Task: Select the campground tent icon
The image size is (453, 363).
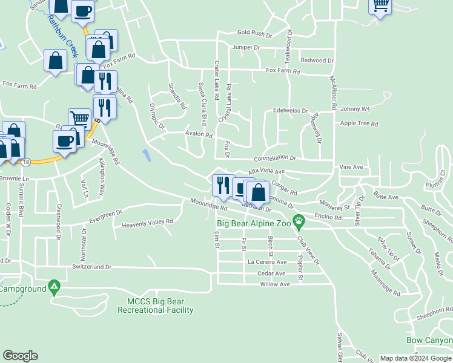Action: click(x=55, y=284)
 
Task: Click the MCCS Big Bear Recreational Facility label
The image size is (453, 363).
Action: click(x=156, y=306)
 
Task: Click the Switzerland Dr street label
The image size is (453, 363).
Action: click(x=92, y=266)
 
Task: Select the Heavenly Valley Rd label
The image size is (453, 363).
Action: click(x=148, y=223)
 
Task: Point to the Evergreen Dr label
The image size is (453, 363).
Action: click(x=105, y=215)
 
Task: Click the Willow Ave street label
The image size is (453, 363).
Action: click(x=275, y=284)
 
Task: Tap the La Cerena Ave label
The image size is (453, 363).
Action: click(x=267, y=262)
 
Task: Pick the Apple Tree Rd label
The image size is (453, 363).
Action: click(x=359, y=123)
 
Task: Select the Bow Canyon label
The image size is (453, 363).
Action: click(x=429, y=341)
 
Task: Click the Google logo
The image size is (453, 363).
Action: click(x=20, y=356)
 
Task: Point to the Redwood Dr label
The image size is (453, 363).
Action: click(x=317, y=60)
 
